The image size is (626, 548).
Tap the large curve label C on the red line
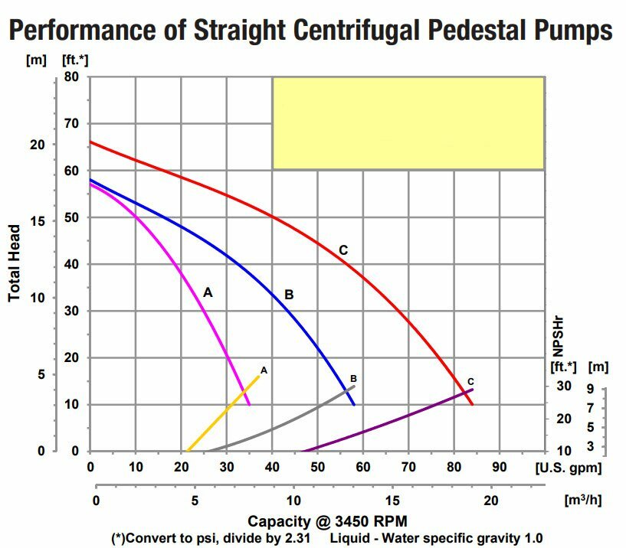[343, 250]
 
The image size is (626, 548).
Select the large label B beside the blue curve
[289, 294]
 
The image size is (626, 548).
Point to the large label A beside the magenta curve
[208, 292]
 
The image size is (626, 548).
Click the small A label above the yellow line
[264, 370]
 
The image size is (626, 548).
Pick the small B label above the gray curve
[353, 378]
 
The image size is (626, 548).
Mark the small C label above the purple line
[470, 381]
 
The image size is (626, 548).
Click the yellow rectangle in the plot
[408, 122]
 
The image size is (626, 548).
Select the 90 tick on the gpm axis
[499, 467]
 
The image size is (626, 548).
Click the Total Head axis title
[15, 263]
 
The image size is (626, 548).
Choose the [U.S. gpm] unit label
[568, 467]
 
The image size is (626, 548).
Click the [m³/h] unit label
[582, 500]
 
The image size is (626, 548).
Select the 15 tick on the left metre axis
[37, 221]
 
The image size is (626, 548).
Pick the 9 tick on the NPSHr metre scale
[591, 388]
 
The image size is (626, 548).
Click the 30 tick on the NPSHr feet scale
[564, 386]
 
